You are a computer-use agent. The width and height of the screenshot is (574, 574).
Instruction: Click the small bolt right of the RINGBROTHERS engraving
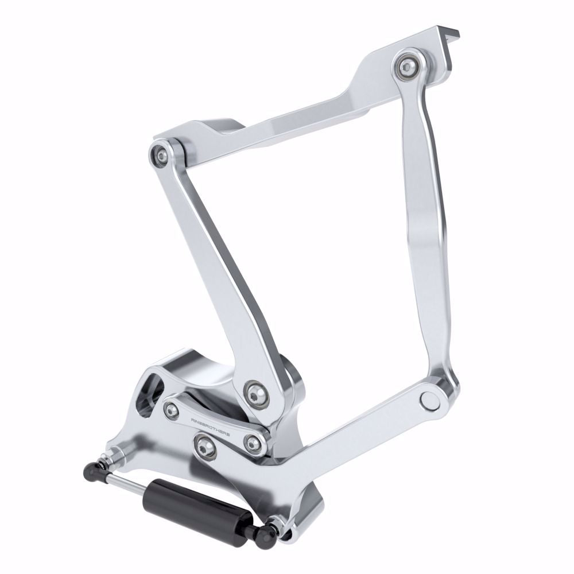pos(252,443)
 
